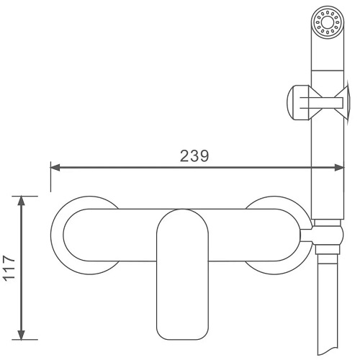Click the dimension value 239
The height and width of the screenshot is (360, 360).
pos(194,156)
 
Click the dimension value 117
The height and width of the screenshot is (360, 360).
pos(9,268)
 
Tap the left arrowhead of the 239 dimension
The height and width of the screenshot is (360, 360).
pos(55,168)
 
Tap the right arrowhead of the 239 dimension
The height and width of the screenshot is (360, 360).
pos(339,168)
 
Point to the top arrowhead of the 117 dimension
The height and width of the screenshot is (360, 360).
pos(22,201)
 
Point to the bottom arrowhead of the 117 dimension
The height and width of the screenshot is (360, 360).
pos(22,335)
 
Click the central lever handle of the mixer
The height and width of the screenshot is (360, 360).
pos(182,274)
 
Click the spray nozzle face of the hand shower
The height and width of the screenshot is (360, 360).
pos(328,22)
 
